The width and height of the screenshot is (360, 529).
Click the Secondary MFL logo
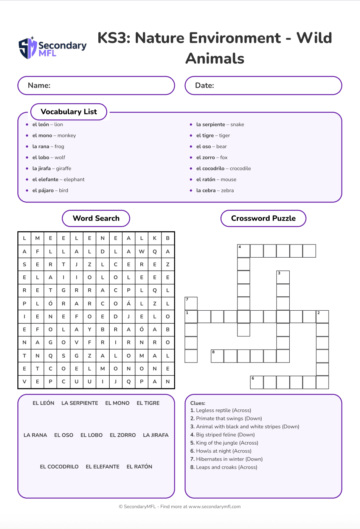tap(53, 48)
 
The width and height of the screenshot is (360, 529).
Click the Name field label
tap(39, 86)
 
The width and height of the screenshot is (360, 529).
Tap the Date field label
tap(205, 86)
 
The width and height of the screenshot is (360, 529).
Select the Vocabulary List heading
tap(69, 112)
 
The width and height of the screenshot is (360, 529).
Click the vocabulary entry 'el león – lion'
tap(48, 124)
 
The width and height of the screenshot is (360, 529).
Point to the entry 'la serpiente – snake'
tap(220, 124)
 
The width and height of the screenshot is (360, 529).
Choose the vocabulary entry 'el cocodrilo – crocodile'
tap(223, 168)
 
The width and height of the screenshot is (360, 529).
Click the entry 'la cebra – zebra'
tap(215, 190)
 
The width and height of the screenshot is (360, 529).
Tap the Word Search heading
tap(96, 218)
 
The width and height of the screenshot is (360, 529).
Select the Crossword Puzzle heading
tap(263, 218)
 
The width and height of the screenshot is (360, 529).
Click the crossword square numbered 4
tap(244, 251)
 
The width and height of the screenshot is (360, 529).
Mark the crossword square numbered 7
tap(191, 303)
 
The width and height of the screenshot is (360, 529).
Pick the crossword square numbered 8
tap(217, 356)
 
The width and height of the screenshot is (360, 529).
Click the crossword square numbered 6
tap(257, 382)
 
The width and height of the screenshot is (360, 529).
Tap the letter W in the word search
tap(142, 251)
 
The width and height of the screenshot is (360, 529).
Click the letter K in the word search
tap(155, 238)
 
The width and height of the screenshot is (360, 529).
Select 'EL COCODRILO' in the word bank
tap(59, 467)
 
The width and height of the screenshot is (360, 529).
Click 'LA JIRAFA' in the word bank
tap(156, 435)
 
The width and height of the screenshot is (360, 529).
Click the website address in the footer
tap(214, 507)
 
